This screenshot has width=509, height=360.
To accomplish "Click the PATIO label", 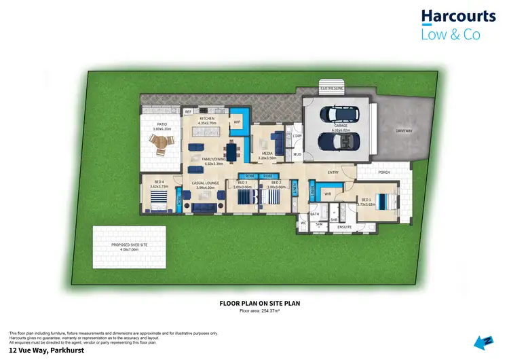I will click(x=162, y=124).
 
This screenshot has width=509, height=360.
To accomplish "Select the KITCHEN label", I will click(x=207, y=118).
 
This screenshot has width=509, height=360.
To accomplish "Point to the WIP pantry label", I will click(x=237, y=122).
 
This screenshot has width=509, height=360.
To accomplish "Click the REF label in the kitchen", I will click(x=188, y=111).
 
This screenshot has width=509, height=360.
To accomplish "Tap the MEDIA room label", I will click(x=267, y=154).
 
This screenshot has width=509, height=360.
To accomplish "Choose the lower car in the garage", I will click(x=337, y=141).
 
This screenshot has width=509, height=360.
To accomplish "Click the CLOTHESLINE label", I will click(x=333, y=88).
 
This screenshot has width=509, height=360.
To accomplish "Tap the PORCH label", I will click(x=384, y=173).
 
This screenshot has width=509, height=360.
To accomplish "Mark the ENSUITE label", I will click(x=345, y=227).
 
